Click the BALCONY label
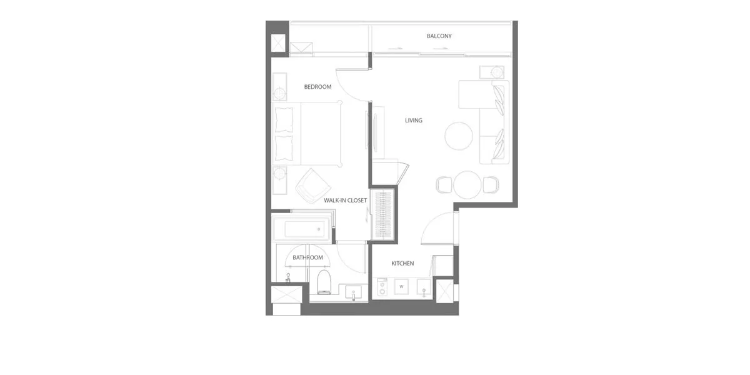coord(439,36)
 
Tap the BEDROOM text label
coord(317,87)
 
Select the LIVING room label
coord(414,121)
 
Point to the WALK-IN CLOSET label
coord(345,201)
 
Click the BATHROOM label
coord(307,257)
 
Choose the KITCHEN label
coord(402,264)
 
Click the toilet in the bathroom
coord(324,282)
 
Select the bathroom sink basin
coord(353,291)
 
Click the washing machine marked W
coord(401,287)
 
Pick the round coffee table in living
coord(459,136)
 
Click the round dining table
coord(467,185)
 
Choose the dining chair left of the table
coord(444,185)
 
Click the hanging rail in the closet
coord(383,214)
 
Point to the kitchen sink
coord(424,287)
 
